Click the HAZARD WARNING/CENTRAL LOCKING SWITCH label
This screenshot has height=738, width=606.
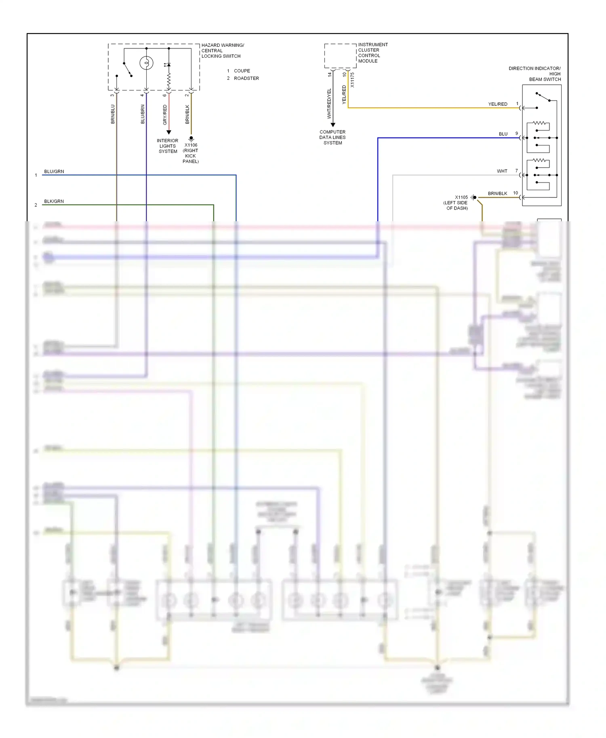pyautogui.click(x=222, y=51)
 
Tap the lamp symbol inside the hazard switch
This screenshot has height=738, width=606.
pyautogui.click(x=146, y=63)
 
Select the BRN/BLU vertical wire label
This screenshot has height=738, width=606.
pyautogui.click(x=113, y=114)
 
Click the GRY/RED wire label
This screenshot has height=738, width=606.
pyautogui.click(x=165, y=115)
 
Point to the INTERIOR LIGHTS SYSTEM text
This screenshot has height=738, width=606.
pyautogui.click(x=168, y=146)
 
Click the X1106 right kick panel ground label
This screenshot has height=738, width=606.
pyautogui.click(x=191, y=153)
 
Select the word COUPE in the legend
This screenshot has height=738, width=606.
pyautogui.click(x=242, y=71)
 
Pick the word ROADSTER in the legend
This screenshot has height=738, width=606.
pyautogui.click(x=246, y=78)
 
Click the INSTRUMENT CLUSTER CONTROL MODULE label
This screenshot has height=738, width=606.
pyautogui.click(x=372, y=53)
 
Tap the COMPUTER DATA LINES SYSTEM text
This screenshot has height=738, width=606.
pyautogui.click(x=332, y=137)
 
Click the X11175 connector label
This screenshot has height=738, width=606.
pyautogui.click(x=352, y=80)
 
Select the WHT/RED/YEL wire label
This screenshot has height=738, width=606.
pyautogui.click(x=329, y=103)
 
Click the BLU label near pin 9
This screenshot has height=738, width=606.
pyautogui.click(x=503, y=134)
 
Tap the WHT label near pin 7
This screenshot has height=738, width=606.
pyautogui.click(x=502, y=171)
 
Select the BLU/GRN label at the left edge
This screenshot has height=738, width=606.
pyautogui.click(x=54, y=172)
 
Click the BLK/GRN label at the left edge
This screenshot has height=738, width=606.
pyautogui.click(x=54, y=201)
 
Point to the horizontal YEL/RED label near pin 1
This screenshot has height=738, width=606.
pyautogui.click(x=497, y=104)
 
